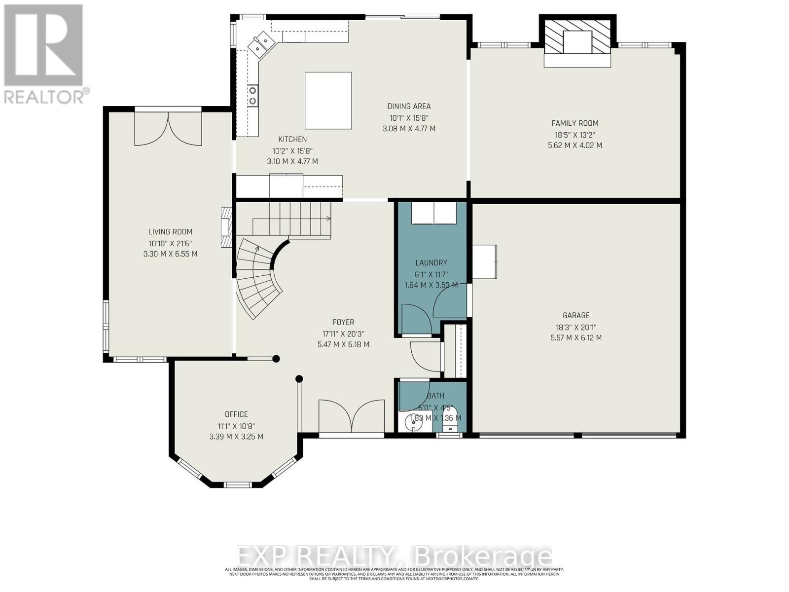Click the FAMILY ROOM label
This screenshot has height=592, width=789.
574,123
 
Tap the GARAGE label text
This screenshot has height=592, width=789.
576,315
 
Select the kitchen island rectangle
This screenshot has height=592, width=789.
328,101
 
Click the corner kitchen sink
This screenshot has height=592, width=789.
260,42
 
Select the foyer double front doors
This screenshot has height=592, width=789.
351,416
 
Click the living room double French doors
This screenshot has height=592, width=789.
168,128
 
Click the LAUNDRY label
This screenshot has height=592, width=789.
431,263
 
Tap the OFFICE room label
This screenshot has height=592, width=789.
236,414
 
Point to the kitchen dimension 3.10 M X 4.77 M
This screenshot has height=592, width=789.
292,161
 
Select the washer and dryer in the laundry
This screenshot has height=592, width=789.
434,213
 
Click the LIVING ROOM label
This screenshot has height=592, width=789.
170,232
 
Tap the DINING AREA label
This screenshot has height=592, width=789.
409,106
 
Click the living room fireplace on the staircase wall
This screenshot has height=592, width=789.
226,227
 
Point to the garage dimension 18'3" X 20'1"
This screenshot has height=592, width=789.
576,327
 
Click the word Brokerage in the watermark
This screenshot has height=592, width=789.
484,556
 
